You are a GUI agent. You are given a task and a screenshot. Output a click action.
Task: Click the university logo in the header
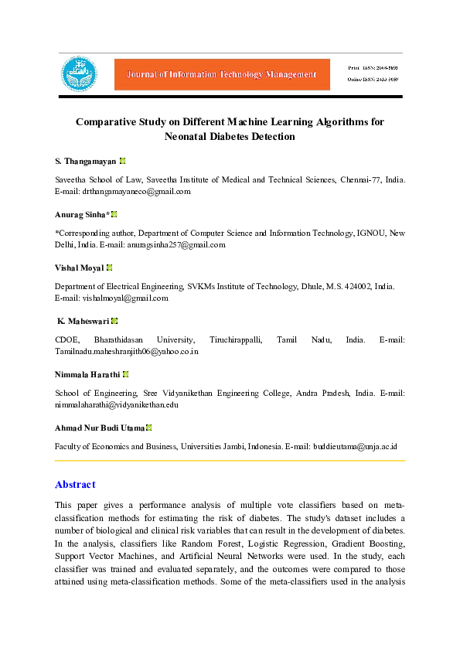80,74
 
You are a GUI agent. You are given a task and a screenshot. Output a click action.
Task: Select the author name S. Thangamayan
86,162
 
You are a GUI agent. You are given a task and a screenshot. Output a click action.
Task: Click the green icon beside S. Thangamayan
123,162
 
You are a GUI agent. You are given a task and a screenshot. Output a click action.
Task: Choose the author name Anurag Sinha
81,214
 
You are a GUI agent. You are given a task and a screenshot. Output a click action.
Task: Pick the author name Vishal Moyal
80,268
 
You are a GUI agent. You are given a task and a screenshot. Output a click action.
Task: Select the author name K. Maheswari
83,321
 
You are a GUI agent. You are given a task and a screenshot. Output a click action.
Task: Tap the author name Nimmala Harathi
87,374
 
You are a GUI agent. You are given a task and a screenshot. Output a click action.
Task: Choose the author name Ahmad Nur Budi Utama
100,428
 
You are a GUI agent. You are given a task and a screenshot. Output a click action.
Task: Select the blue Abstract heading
75,485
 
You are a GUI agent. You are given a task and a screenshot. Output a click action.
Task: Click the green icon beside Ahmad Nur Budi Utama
149,428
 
